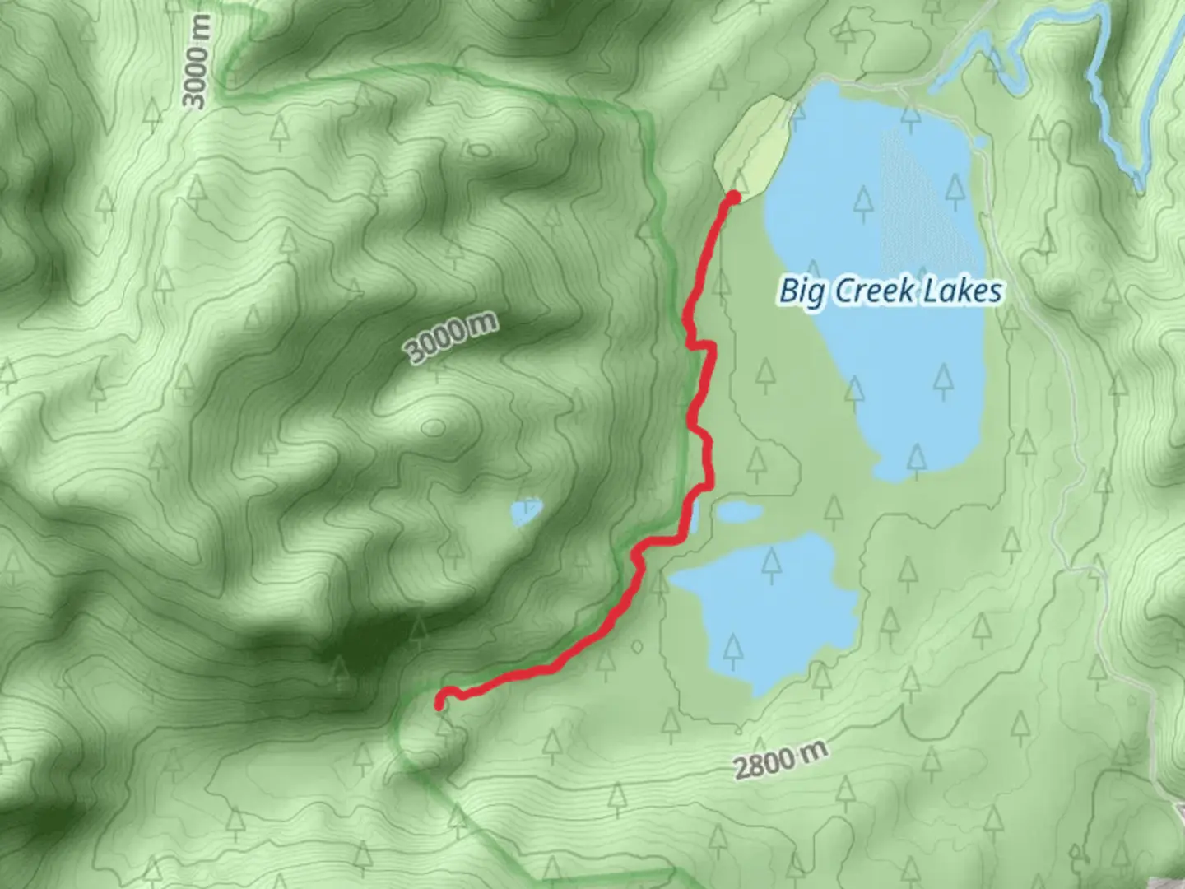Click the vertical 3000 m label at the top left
tap(197, 62)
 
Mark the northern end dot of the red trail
tap(732, 197)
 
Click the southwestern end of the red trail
tap(440, 704)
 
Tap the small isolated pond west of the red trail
tap(526, 513)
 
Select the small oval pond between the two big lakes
tap(739, 513)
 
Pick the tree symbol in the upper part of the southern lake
tap(771, 562)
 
